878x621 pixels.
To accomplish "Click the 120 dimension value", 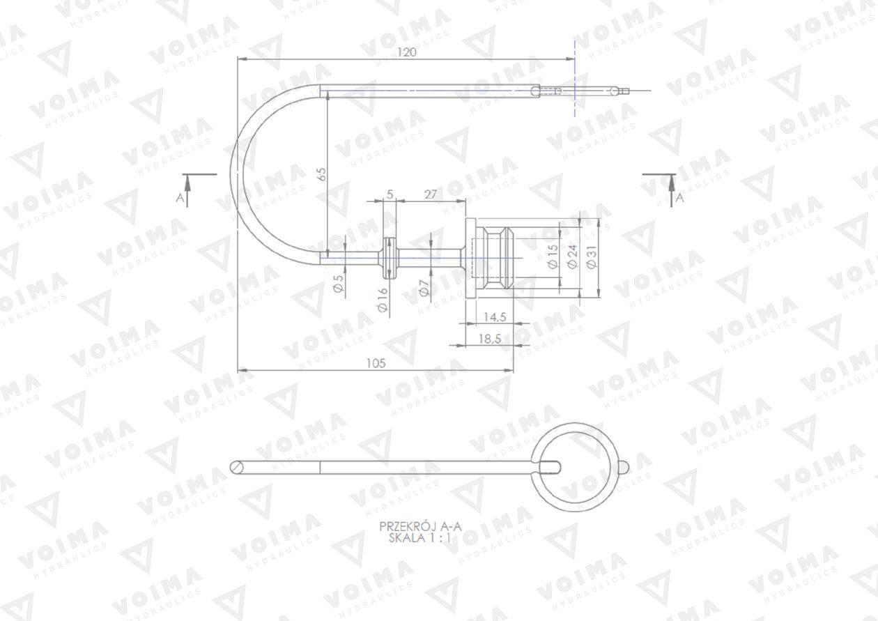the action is (406, 52).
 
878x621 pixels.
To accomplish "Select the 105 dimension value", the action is (376, 363).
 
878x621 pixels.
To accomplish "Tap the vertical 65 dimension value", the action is (321, 174).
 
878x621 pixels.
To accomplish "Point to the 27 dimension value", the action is (431, 194).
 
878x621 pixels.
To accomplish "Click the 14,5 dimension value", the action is (494, 316).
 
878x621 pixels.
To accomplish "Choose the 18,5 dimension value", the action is (490, 338).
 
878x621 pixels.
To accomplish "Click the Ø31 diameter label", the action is (591, 257).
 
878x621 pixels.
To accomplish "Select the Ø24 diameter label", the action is (573, 256).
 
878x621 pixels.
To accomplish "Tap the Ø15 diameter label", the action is (553, 256).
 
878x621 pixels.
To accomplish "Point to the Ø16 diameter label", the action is (383, 300).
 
